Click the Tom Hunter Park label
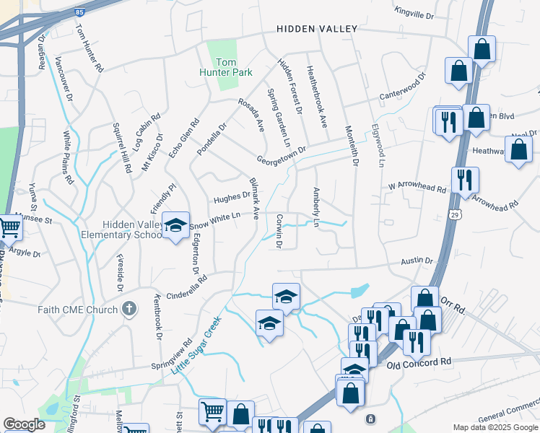[x=222, y=67]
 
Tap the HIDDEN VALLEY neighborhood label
[x=317, y=29]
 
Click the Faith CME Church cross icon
[x=129, y=310]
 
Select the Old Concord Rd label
[x=418, y=362]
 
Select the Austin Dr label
[x=418, y=261]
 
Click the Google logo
[x=24, y=424]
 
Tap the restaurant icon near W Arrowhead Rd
[x=465, y=179]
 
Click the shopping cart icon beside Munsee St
[x=9, y=227]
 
